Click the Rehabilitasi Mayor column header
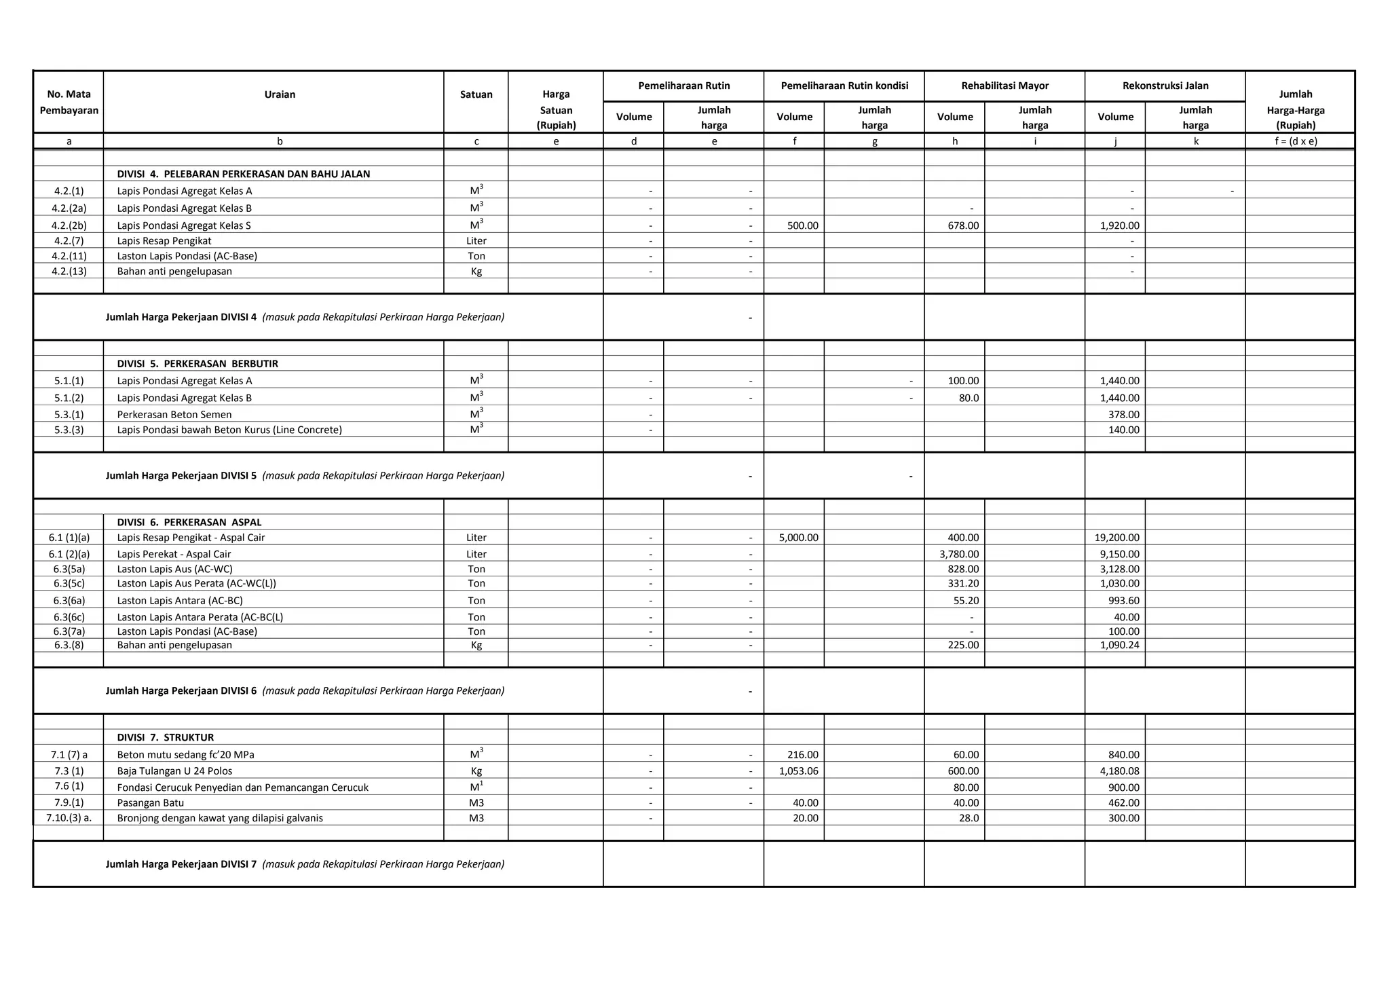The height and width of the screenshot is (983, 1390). pyautogui.click(x=1004, y=86)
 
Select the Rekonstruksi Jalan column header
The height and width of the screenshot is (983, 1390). pyautogui.click(x=1165, y=86)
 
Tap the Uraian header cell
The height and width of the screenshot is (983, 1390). pyautogui.click(x=280, y=94)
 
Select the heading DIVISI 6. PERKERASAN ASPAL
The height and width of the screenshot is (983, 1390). pyautogui.click(x=189, y=522)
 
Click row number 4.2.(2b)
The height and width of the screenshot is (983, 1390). pyautogui.click(x=69, y=225)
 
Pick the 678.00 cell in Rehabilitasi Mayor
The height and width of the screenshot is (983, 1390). pyautogui.click(x=963, y=225)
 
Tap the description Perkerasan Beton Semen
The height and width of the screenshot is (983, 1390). pyautogui.click(x=174, y=414)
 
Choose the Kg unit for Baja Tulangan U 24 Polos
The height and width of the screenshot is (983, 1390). pyautogui.click(x=476, y=771)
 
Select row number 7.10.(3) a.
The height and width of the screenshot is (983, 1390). pyautogui.click(x=69, y=818)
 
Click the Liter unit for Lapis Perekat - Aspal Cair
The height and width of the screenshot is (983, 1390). pyautogui.click(x=476, y=554)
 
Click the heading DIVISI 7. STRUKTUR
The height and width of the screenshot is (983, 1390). pyautogui.click(x=166, y=737)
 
